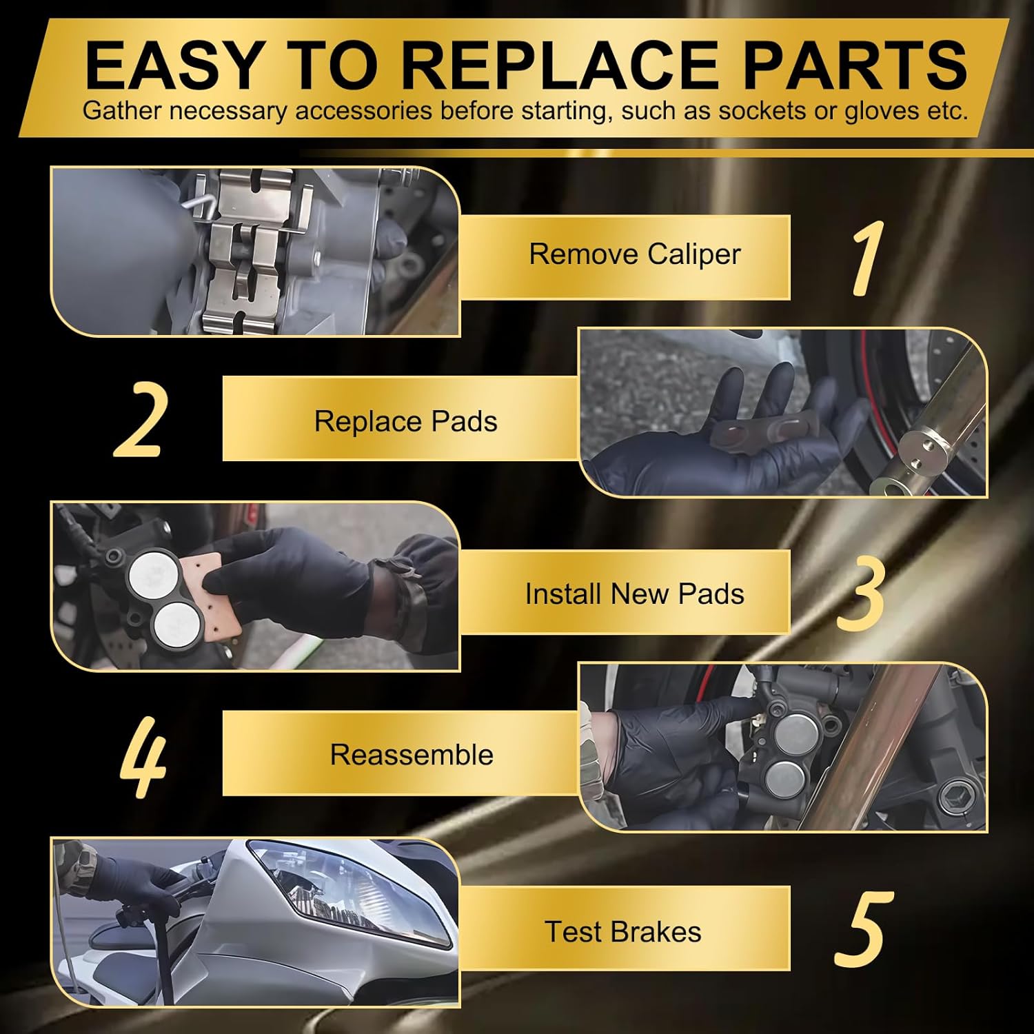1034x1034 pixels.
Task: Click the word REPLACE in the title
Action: pos(564,65)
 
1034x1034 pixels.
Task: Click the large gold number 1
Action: pos(866,259)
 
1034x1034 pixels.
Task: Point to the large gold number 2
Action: pos(140,420)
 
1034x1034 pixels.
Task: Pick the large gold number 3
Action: pos(860,594)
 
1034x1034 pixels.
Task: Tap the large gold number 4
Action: pos(143,757)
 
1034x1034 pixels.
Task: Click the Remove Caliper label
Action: pos(634,254)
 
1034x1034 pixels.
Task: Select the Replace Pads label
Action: pos(405,421)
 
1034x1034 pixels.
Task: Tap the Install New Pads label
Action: pos(634,594)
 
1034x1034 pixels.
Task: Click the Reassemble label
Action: pos(412,755)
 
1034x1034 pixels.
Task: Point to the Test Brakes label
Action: pos(622,932)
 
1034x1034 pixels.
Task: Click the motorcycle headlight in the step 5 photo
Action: pos(352,889)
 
